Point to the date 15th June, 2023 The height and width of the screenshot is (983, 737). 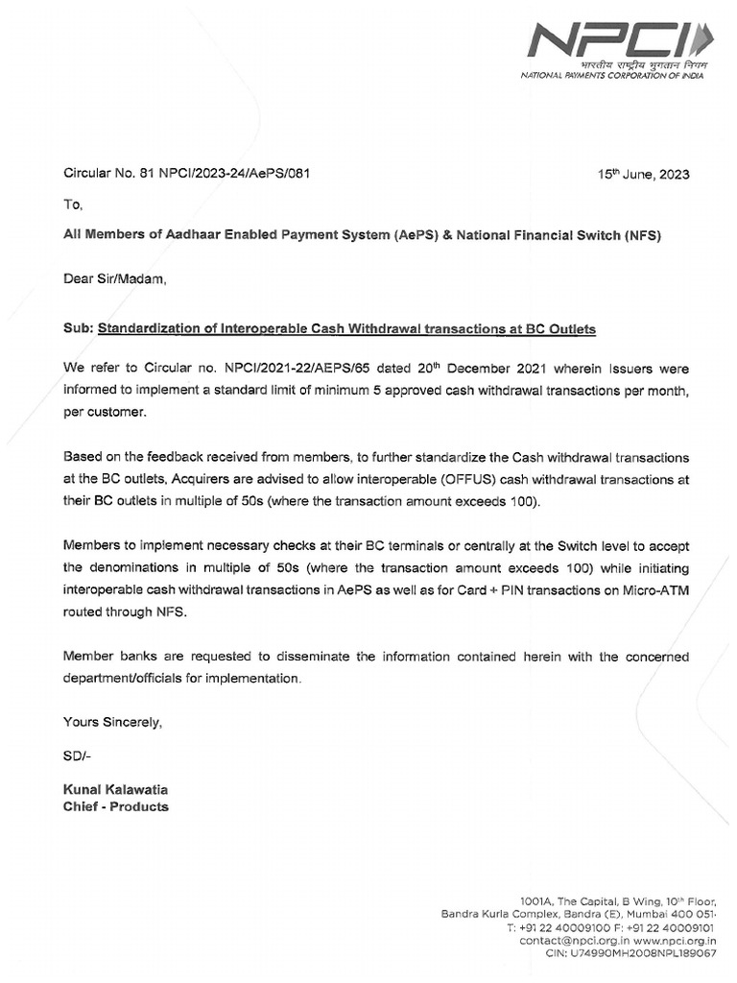click(643, 175)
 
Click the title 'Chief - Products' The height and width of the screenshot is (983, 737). click(115, 806)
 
